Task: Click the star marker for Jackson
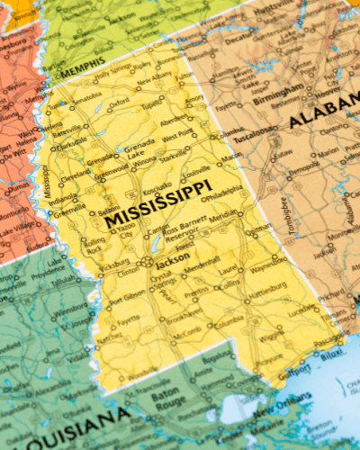click(x=146, y=261)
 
